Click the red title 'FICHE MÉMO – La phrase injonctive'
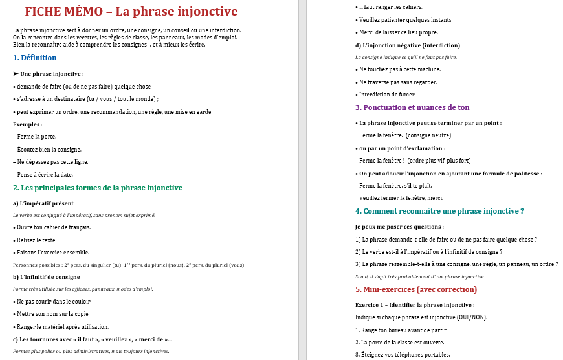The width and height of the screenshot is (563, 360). [x=131, y=12]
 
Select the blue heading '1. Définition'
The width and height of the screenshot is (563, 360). [x=35, y=58]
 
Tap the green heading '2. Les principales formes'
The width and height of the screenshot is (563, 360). [x=98, y=188]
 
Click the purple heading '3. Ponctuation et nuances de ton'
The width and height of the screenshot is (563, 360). [x=412, y=107]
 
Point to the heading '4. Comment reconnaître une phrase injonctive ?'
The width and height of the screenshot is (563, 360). [x=439, y=211]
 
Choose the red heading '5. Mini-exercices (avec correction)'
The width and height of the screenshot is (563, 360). [x=416, y=289]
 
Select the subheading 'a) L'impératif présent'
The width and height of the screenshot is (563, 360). [x=43, y=203]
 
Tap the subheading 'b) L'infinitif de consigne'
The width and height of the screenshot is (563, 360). [x=47, y=277]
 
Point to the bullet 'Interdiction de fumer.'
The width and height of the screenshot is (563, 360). [x=387, y=95]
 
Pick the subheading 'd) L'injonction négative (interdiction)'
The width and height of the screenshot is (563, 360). [x=408, y=45]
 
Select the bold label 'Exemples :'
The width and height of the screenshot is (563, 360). [x=28, y=124]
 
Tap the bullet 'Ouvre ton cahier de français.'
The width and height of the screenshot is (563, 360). [x=52, y=227]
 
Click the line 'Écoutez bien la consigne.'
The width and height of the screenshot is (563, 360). [x=47, y=149]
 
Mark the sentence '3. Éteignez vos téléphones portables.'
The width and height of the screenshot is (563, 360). [x=403, y=355]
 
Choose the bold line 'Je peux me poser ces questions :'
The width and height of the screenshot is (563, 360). [x=399, y=227]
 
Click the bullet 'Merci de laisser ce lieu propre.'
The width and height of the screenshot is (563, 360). [x=397, y=32]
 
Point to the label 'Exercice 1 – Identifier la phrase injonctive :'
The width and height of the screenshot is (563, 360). [x=415, y=305]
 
